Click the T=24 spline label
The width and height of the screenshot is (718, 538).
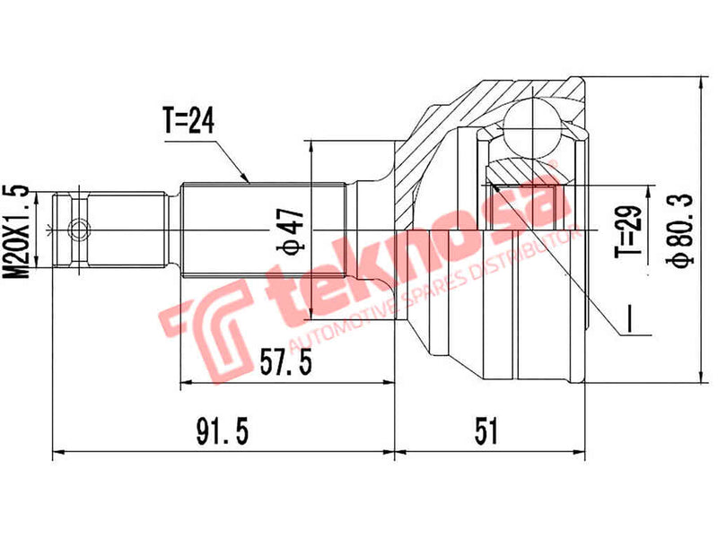point(189,122)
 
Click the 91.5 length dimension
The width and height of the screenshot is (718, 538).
point(220,432)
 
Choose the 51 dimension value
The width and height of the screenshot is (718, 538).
point(487,432)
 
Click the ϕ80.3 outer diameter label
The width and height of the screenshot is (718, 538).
point(682,230)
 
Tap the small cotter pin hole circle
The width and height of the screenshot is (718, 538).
point(80,230)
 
